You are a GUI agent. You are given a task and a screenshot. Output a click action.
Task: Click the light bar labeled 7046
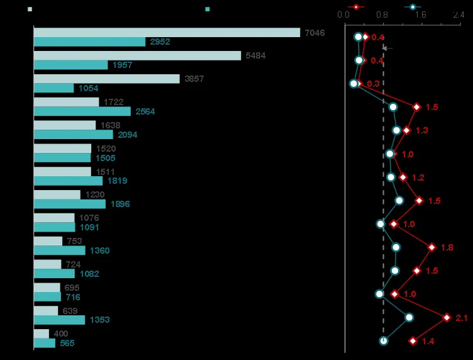(x=167, y=33)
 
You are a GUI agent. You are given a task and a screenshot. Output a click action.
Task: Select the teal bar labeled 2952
(x=89, y=42)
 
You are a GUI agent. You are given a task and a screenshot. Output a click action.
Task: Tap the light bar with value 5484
(x=137, y=56)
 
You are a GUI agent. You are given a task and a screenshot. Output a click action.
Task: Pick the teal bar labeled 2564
(x=82, y=111)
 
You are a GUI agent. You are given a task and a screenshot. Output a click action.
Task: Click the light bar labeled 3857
(x=106, y=79)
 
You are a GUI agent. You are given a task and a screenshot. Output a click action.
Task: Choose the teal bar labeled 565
(x=45, y=343)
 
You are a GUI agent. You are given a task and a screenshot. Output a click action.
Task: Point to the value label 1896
(x=120, y=204)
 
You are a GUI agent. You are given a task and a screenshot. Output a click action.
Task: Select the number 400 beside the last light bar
(x=61, y=334)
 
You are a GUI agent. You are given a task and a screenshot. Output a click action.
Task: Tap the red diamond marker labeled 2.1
(x=447, y=318)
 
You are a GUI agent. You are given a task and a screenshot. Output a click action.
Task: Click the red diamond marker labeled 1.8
(x=431, y=247)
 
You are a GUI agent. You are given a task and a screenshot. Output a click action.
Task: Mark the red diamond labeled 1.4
(x=413, y=341)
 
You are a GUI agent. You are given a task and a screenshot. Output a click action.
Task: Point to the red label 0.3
(x=373, y=84)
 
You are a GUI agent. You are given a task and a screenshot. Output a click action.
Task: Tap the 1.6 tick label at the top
(x=420, y=14)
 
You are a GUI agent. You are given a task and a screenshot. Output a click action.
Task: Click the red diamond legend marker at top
(x=357, y=7)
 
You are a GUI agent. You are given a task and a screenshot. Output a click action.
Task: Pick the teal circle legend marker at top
(x=413, y=7)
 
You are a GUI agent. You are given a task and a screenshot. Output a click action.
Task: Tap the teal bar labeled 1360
(x=59, y=250)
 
